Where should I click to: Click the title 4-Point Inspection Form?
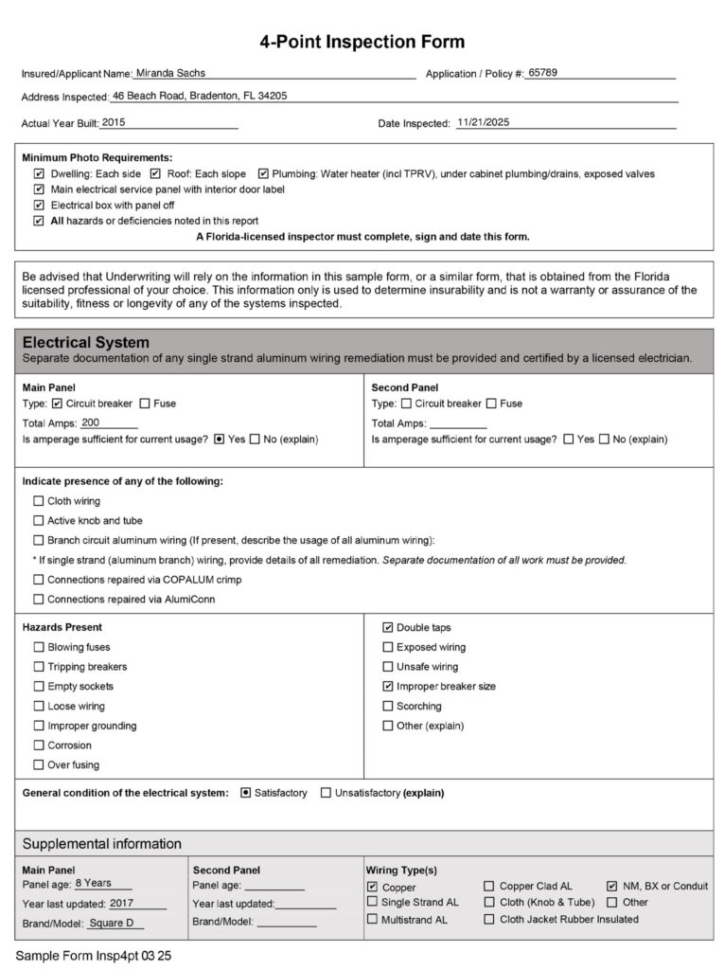tap(362, 42)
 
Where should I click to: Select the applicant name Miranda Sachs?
tap(170, 72)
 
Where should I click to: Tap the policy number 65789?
tap(542, 72)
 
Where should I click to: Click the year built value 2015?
tap(114, 122)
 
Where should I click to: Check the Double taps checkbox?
tap(388, 627)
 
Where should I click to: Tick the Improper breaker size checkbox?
tap(388, 686)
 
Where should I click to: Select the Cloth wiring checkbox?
tap(39, 501)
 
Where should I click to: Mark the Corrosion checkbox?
tap(39, 745)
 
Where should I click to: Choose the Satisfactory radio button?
tap(246, 793)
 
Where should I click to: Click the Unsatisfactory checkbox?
tap(326, 793)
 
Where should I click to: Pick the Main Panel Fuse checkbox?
tap(146, 404)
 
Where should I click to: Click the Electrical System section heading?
tap(86, 342)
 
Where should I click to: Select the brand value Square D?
tap(112, 923)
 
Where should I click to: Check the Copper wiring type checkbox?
tap(373, 887)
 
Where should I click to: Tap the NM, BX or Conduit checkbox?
tap(612, 887)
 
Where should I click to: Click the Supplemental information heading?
tap(102, 843)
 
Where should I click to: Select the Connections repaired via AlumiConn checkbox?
tap(39, 599)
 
